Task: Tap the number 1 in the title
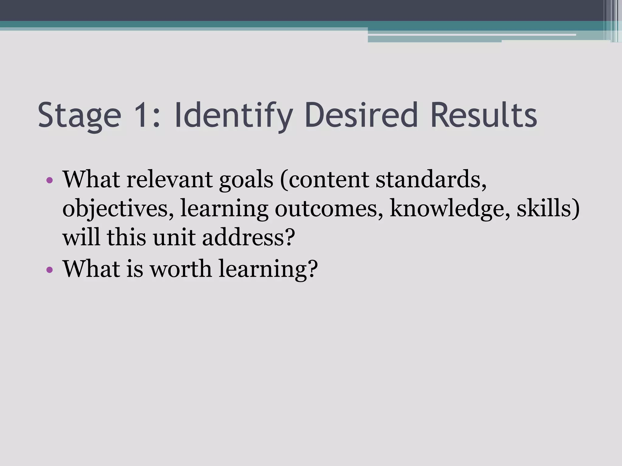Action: click(145, 115)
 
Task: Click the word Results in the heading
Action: click(484, 115)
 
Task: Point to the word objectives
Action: click(118, 209)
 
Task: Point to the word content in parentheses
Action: click(328, 180)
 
